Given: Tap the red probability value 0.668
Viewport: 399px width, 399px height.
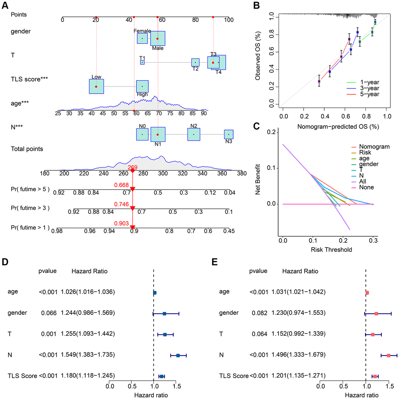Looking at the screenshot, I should coord(122,185).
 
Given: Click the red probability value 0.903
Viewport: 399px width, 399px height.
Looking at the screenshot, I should coord(122,223).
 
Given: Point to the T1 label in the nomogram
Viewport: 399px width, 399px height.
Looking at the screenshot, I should coord(142,58).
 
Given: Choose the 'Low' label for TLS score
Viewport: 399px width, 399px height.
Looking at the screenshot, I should coord(96,77).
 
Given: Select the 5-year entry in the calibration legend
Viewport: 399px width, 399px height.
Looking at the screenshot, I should coord(370,94).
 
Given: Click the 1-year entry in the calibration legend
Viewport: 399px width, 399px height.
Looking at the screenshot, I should coord(370,82).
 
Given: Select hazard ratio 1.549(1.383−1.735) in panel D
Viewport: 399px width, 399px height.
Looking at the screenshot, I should coord(88,355).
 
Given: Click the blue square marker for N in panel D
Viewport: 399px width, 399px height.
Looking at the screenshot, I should coord(178,356).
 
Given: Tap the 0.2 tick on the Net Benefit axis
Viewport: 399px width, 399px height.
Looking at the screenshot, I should coord(270,132).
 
